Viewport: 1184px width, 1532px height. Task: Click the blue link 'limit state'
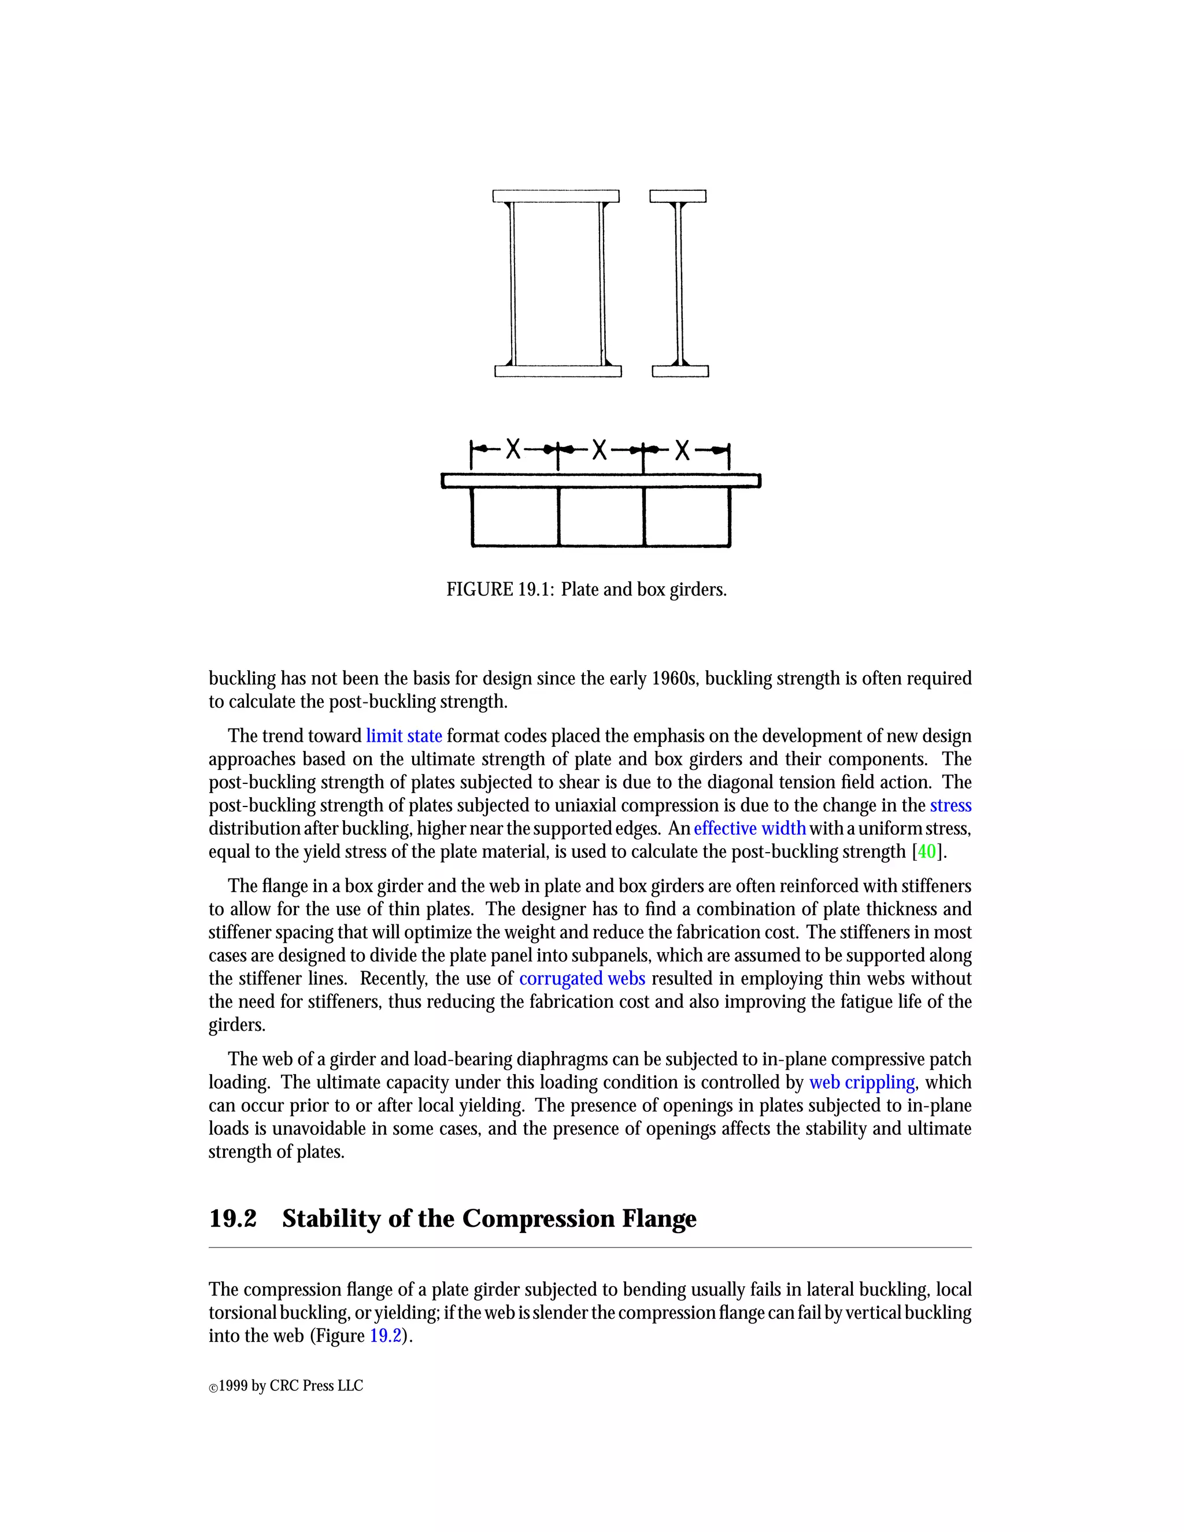pyautogui.click(x=404, y=736)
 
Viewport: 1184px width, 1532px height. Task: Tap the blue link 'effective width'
pyautogui.click(x=750, y=828)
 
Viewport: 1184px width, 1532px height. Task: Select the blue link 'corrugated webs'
pyautogui.click(x=582, y=979)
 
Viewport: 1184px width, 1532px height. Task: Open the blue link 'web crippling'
pyautogui.click(x=862, y=1082)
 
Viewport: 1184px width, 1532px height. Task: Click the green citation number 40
pyautogui.click(x=927, y=852)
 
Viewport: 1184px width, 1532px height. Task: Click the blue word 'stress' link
pyautogui.click(x=950, y=805)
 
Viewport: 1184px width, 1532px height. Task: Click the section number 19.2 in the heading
pyautogui.click(x=233, y=1219)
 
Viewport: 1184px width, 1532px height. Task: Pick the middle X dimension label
pyautogui.click(x=599, y=449)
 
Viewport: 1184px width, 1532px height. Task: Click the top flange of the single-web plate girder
pyautogui.click(x=678, y=197)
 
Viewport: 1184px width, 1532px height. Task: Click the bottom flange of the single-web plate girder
pyautogui.click(x=680, y=372)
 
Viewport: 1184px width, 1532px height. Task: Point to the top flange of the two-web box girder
pyautogui.click(x=556, y=197)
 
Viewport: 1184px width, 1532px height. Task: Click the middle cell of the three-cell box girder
pyautogui.click(x=601, y=516)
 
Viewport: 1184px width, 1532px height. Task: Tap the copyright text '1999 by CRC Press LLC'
pyautogui.click(x=290, y=1385)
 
